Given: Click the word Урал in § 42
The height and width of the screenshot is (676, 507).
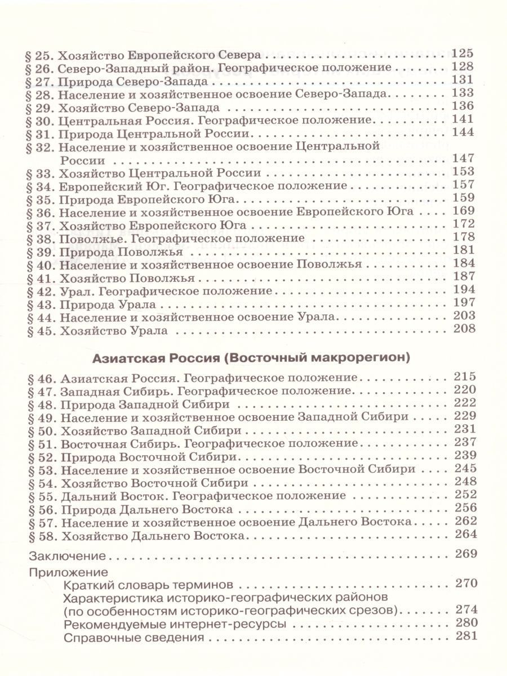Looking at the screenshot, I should click(74, 291).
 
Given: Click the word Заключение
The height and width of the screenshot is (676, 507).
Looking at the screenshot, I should click(67, 557).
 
